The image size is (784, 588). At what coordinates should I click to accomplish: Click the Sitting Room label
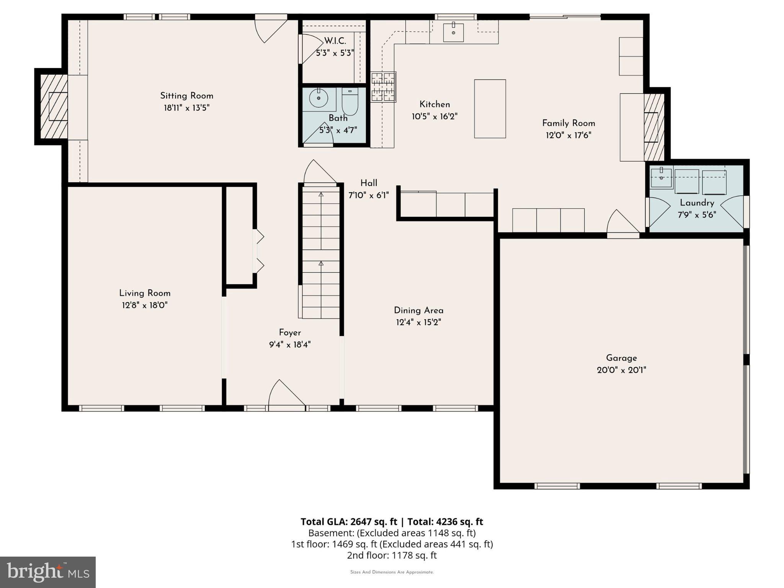(x=186, y=96)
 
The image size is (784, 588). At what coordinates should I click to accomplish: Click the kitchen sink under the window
(x=453, y=32)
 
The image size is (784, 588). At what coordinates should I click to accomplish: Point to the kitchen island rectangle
(x=490, y=109)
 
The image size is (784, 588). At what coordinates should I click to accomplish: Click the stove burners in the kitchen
(x=383, y=87)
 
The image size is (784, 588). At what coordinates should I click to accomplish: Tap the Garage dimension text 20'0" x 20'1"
(x=621, y=370)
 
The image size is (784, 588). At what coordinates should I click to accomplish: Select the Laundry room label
(x=697, y=203)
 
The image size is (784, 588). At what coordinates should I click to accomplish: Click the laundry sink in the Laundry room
(x=661, y=178)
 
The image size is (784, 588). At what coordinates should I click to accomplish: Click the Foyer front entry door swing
(x=286, y=394)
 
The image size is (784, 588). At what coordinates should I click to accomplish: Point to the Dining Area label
(x=418, y=310)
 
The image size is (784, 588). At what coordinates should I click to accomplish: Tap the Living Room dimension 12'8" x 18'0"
(x=145, y=305)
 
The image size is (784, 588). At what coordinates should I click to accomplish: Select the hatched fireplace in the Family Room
(x=654, y=127)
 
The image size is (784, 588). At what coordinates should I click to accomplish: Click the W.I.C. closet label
(x=335, y=41)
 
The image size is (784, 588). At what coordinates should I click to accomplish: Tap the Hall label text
(x=369, y=183)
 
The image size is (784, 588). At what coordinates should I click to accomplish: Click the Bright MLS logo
(x=47, y=572)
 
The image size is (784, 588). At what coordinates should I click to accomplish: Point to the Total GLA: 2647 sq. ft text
(x=349, y=522)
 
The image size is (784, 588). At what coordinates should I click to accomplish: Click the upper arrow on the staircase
(x=321, y=195)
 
